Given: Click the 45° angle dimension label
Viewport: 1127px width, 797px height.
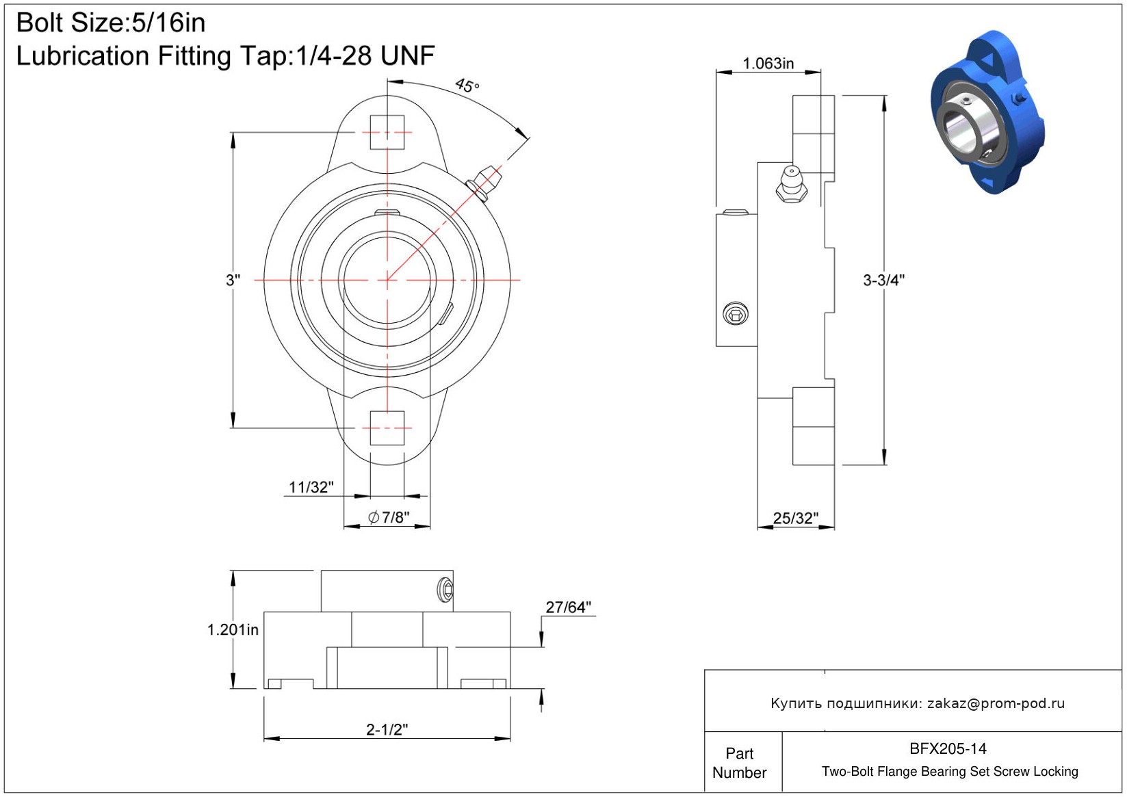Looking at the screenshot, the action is [x=467, y=86].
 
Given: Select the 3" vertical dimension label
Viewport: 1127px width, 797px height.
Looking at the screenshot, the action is [x=233, y=280].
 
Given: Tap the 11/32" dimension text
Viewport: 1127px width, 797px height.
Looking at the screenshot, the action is [x=311, y=487].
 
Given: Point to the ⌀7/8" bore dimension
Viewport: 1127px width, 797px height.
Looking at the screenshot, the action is [x=389, y=517].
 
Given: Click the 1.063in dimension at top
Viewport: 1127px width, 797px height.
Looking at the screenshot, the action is [x=768, y=64].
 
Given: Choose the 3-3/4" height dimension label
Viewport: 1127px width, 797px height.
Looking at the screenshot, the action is [x=883, y=280].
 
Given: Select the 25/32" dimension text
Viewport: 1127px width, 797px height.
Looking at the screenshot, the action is [x=795, y=519].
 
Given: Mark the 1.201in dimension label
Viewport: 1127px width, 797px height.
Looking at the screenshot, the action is [x=233, y=629].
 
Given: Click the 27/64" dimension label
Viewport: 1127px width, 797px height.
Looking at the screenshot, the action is [x=569, y=607].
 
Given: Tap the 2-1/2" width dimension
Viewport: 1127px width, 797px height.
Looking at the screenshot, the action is [x=387, y=729].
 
